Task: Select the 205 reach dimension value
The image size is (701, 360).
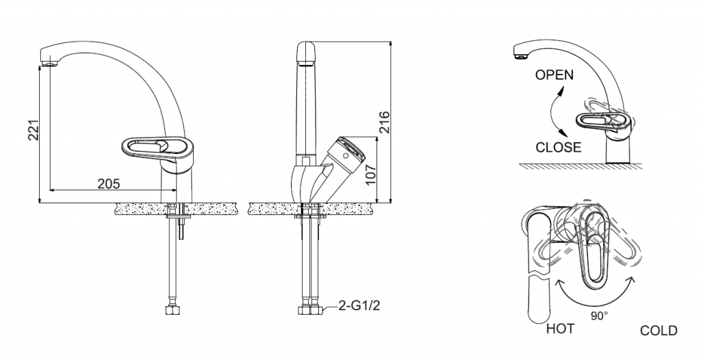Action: (x=108, y=183)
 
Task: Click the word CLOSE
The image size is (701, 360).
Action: (x=558, y=147)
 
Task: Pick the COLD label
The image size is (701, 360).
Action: (x=659, y=331)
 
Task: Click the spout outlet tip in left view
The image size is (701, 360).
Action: (x=48, y=64)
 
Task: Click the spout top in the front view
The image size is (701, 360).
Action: (x=305, y=51)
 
